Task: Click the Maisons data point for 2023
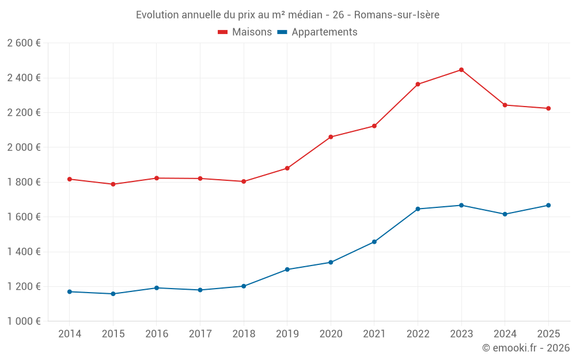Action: click(461, 70)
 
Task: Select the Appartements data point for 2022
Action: click(418, 209)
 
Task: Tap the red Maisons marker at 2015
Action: click(113, 184)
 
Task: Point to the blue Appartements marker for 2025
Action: click(548, 205)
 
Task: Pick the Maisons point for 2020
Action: click(331, 137)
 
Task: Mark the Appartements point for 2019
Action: click(287, 270)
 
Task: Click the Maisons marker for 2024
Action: click(505, 105)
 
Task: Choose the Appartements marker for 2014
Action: click(70, 291)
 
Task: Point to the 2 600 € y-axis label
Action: click(24, 43)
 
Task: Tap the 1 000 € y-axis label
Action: click(24, 321)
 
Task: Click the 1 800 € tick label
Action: click(24, 182)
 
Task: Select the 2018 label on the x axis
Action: click(244, 334)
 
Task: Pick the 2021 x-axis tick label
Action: click(374, 334)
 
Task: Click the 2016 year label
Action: click(157, 334)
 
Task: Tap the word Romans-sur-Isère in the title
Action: click(397, 15)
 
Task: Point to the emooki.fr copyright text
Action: click(526, 348)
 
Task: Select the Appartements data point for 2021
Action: click(374, 242)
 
